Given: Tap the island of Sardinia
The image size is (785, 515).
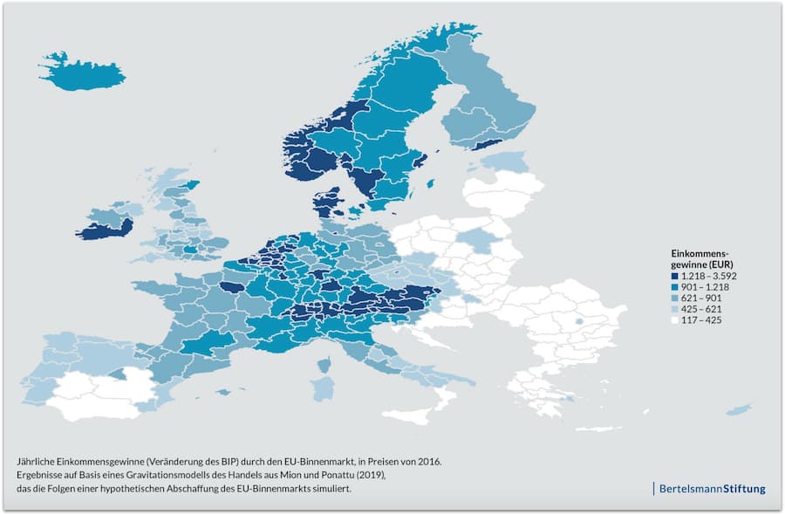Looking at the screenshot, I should (322, 385).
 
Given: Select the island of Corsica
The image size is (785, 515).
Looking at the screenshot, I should (324, 363).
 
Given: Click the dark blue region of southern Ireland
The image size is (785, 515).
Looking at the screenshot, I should (103, 230).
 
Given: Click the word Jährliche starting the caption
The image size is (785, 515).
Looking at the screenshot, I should (37, 459).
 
